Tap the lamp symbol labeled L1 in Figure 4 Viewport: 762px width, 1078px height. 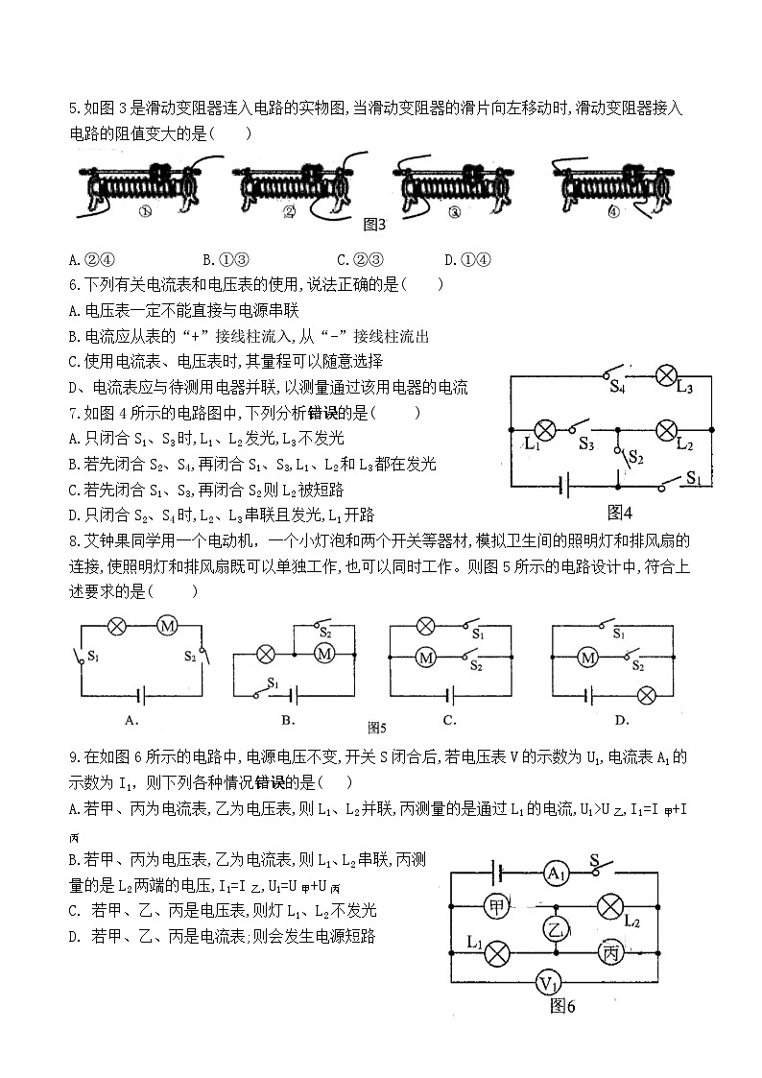coord(544,428)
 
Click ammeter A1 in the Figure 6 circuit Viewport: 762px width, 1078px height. coord(555,873)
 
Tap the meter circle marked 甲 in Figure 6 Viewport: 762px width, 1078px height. coord(496,906)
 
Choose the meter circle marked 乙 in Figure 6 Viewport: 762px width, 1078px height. coord(556,928)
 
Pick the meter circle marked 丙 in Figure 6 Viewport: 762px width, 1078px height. coord(610,952)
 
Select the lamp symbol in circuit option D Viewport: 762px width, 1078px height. coord(646,693)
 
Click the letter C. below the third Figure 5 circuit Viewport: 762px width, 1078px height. coord(448,720)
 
